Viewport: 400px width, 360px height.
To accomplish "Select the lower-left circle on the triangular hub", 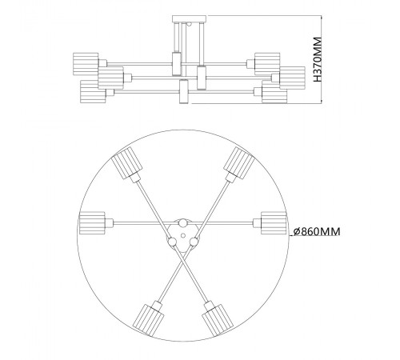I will click(x=172, y=238).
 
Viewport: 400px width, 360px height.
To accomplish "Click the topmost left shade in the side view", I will click(x=86, y=62).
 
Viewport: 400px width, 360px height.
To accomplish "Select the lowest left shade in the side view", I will click(x=94, y=90).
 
